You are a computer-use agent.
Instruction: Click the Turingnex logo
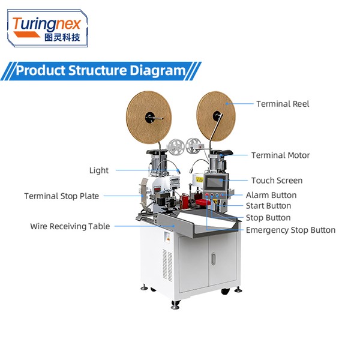(x=47, y=28)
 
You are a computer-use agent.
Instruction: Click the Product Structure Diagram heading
(x=101, y=70)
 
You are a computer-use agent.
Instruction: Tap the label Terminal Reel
(x=283, y=104)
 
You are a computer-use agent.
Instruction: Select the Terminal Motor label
(x=280, y=155)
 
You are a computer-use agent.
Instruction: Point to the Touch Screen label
(x=277, y=181)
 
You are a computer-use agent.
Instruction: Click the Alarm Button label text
(x=271, y=196)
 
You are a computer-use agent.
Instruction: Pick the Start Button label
(x=268, y=206)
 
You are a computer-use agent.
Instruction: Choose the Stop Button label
(x=268, y=218)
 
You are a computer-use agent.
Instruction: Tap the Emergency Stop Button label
(x=290, y=230)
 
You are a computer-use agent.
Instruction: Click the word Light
(x=99, y=170)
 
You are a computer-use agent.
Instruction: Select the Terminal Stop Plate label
(x=62, y=196)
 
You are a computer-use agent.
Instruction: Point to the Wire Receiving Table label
(x=70, y=226)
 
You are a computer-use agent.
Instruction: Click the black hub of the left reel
(x=149, y=118)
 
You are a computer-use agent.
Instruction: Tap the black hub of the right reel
(x=217, y=116)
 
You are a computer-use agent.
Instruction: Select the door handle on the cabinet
(x=214, y=259)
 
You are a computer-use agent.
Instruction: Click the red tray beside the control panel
(x=203, y=203)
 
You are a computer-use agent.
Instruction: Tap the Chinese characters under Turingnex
(x=62, y=37)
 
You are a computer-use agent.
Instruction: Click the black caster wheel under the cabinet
(x=225, y=291)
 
